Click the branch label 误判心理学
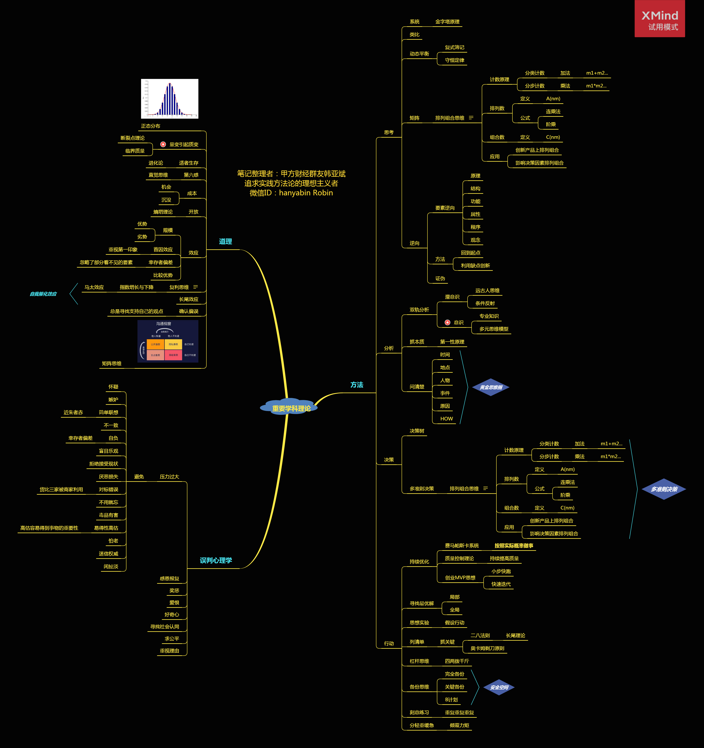(216, 560)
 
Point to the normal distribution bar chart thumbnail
(170, 98)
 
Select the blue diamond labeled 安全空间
(499, 687)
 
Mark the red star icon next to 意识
(447, 323)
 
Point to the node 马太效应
(94, 287)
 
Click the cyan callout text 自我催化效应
(43, 294)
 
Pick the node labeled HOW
(446, 419)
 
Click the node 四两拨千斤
(457, 661)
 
